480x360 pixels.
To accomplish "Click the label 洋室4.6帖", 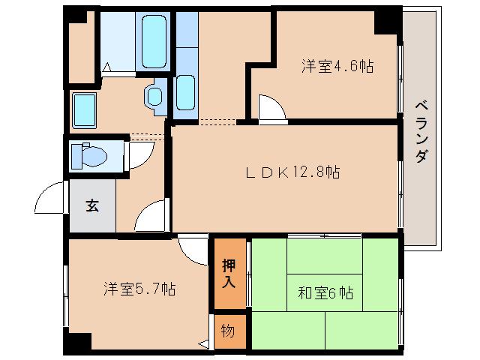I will point(337,67).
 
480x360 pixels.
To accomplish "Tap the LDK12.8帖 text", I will point(292,172).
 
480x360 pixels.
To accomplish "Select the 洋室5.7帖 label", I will point(139,289).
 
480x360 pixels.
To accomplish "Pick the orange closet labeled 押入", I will point(229,274).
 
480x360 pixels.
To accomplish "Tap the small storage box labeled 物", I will point(228,331).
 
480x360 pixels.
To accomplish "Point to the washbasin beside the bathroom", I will point(154,95).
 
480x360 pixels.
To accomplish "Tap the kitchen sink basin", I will point(185,91).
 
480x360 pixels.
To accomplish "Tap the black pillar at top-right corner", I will point(388,20).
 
